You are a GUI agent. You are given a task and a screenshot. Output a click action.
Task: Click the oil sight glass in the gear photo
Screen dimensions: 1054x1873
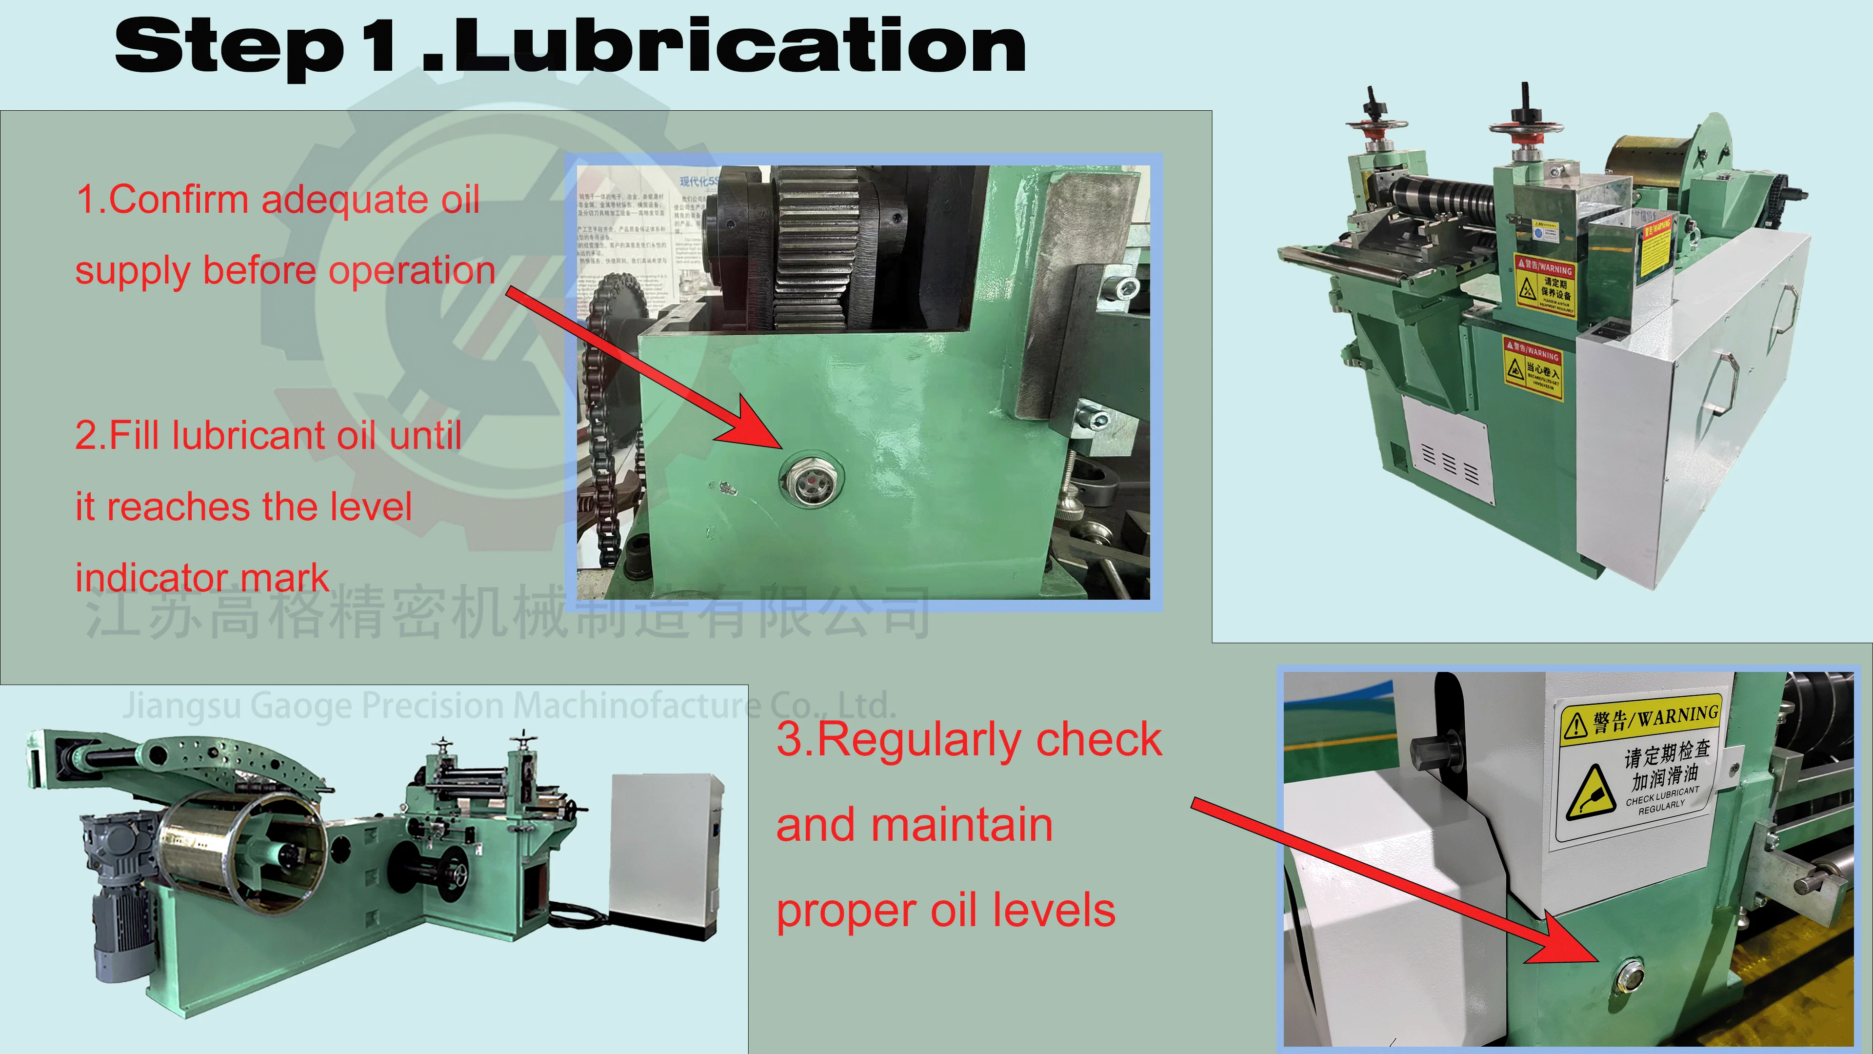pyautogui.click(x=810, y=480)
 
